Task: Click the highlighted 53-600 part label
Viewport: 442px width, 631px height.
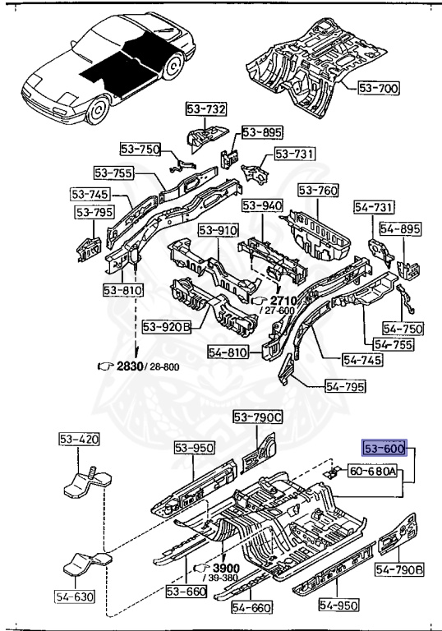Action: tap(384, 448)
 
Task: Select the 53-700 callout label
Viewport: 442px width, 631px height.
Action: tap(379, 88)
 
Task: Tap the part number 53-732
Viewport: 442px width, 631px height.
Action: tap(206, 108)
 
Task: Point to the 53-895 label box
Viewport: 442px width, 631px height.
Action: tap(262, 132)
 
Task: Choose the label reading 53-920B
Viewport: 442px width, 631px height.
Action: tap(167, 327)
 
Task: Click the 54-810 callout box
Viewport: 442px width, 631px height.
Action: tap(228, 352)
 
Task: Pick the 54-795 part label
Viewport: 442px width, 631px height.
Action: tap(345, 387)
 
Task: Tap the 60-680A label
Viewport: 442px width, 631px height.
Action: tap(372, 471)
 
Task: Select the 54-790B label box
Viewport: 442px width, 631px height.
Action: tap(399, 569)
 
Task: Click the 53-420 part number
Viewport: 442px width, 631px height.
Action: tap(79, 439)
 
